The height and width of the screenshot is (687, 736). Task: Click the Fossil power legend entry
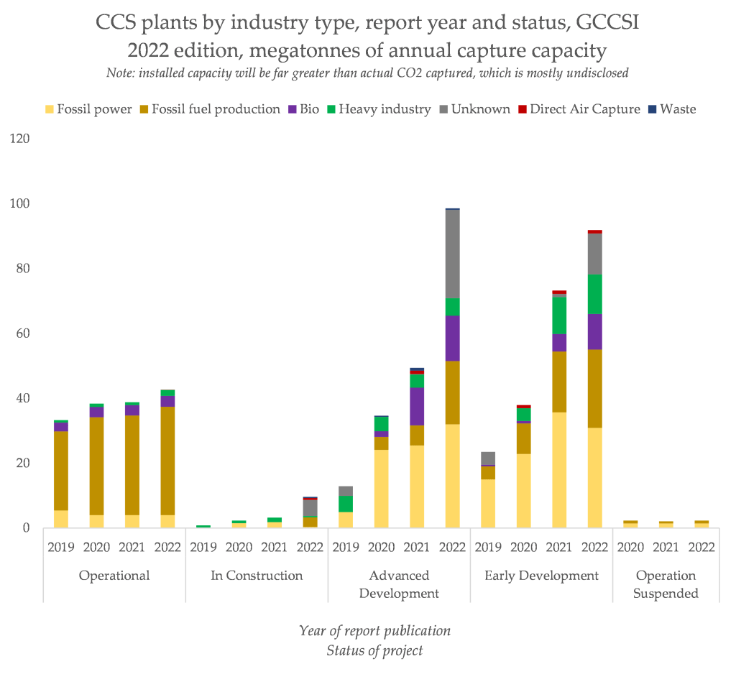(88, 109)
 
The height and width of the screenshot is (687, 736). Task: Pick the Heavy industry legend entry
(379, 109)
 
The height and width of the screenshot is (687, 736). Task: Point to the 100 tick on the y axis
(19, 203)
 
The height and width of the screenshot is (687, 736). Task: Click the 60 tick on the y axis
(22, 333)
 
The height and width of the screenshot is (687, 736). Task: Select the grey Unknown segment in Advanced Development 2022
(453, 254)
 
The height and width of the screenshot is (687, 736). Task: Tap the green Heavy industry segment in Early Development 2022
(594, 294)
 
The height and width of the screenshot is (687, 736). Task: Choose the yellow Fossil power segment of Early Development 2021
(559, 470)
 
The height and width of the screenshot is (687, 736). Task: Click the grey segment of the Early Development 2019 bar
(488, 458)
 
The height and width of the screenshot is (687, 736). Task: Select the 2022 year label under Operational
(167, 548)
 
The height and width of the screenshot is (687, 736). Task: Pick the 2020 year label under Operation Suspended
(630, 548)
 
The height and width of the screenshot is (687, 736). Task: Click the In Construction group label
(257, 576)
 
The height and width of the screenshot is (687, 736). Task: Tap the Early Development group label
(541, 576)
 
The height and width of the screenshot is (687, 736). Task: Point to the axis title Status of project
(374, 651)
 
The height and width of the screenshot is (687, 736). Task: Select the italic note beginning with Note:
(367, 73)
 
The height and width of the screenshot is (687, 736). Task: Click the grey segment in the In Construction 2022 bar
(310, 508)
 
